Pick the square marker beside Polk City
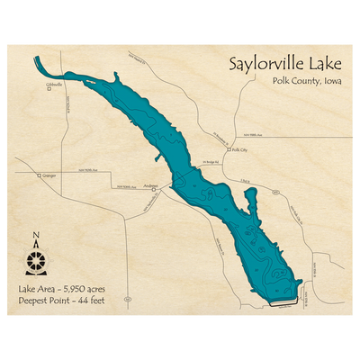[x=229, y=151]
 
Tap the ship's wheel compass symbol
[x=35, y=261]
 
